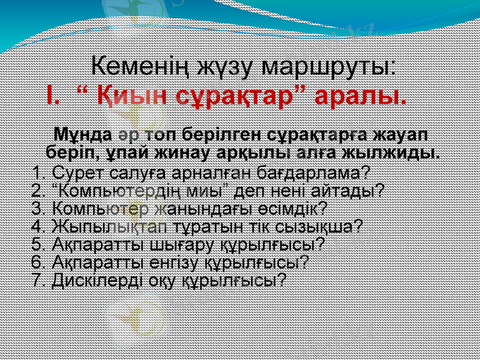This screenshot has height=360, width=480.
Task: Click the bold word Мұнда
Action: coord(82,133)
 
